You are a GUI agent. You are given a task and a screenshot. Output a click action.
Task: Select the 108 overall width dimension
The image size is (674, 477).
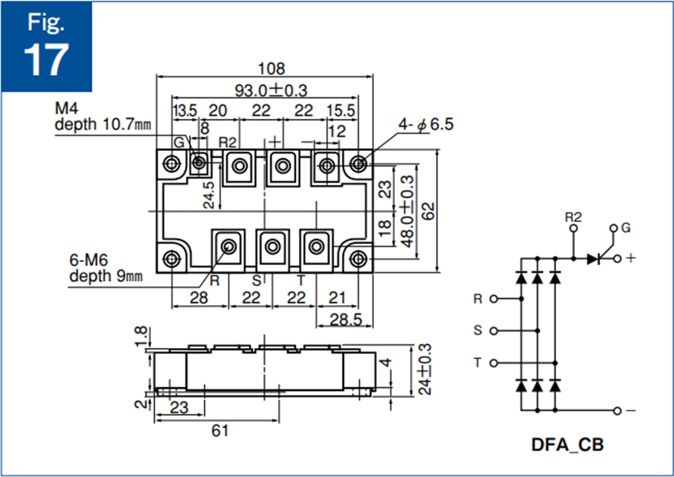tap(271, 69)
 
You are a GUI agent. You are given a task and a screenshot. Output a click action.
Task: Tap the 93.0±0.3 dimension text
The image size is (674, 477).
tap(271, 90)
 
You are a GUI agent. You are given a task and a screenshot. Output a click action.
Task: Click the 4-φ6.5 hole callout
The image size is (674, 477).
tap(427, 124)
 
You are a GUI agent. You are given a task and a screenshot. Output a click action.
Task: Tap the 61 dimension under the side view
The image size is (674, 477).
tap(220, 430)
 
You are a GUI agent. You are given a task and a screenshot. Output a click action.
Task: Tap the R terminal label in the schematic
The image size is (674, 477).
tap(478, 299)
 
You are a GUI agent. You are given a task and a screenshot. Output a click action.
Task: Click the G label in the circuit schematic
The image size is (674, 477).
tap(626, 228)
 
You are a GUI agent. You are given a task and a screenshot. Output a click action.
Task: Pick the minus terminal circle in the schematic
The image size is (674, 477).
tap(617, 411)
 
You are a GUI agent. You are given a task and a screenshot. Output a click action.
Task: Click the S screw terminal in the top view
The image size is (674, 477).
tap(272, 247)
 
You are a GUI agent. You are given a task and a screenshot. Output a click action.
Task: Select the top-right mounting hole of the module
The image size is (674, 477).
tap(358, 164)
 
